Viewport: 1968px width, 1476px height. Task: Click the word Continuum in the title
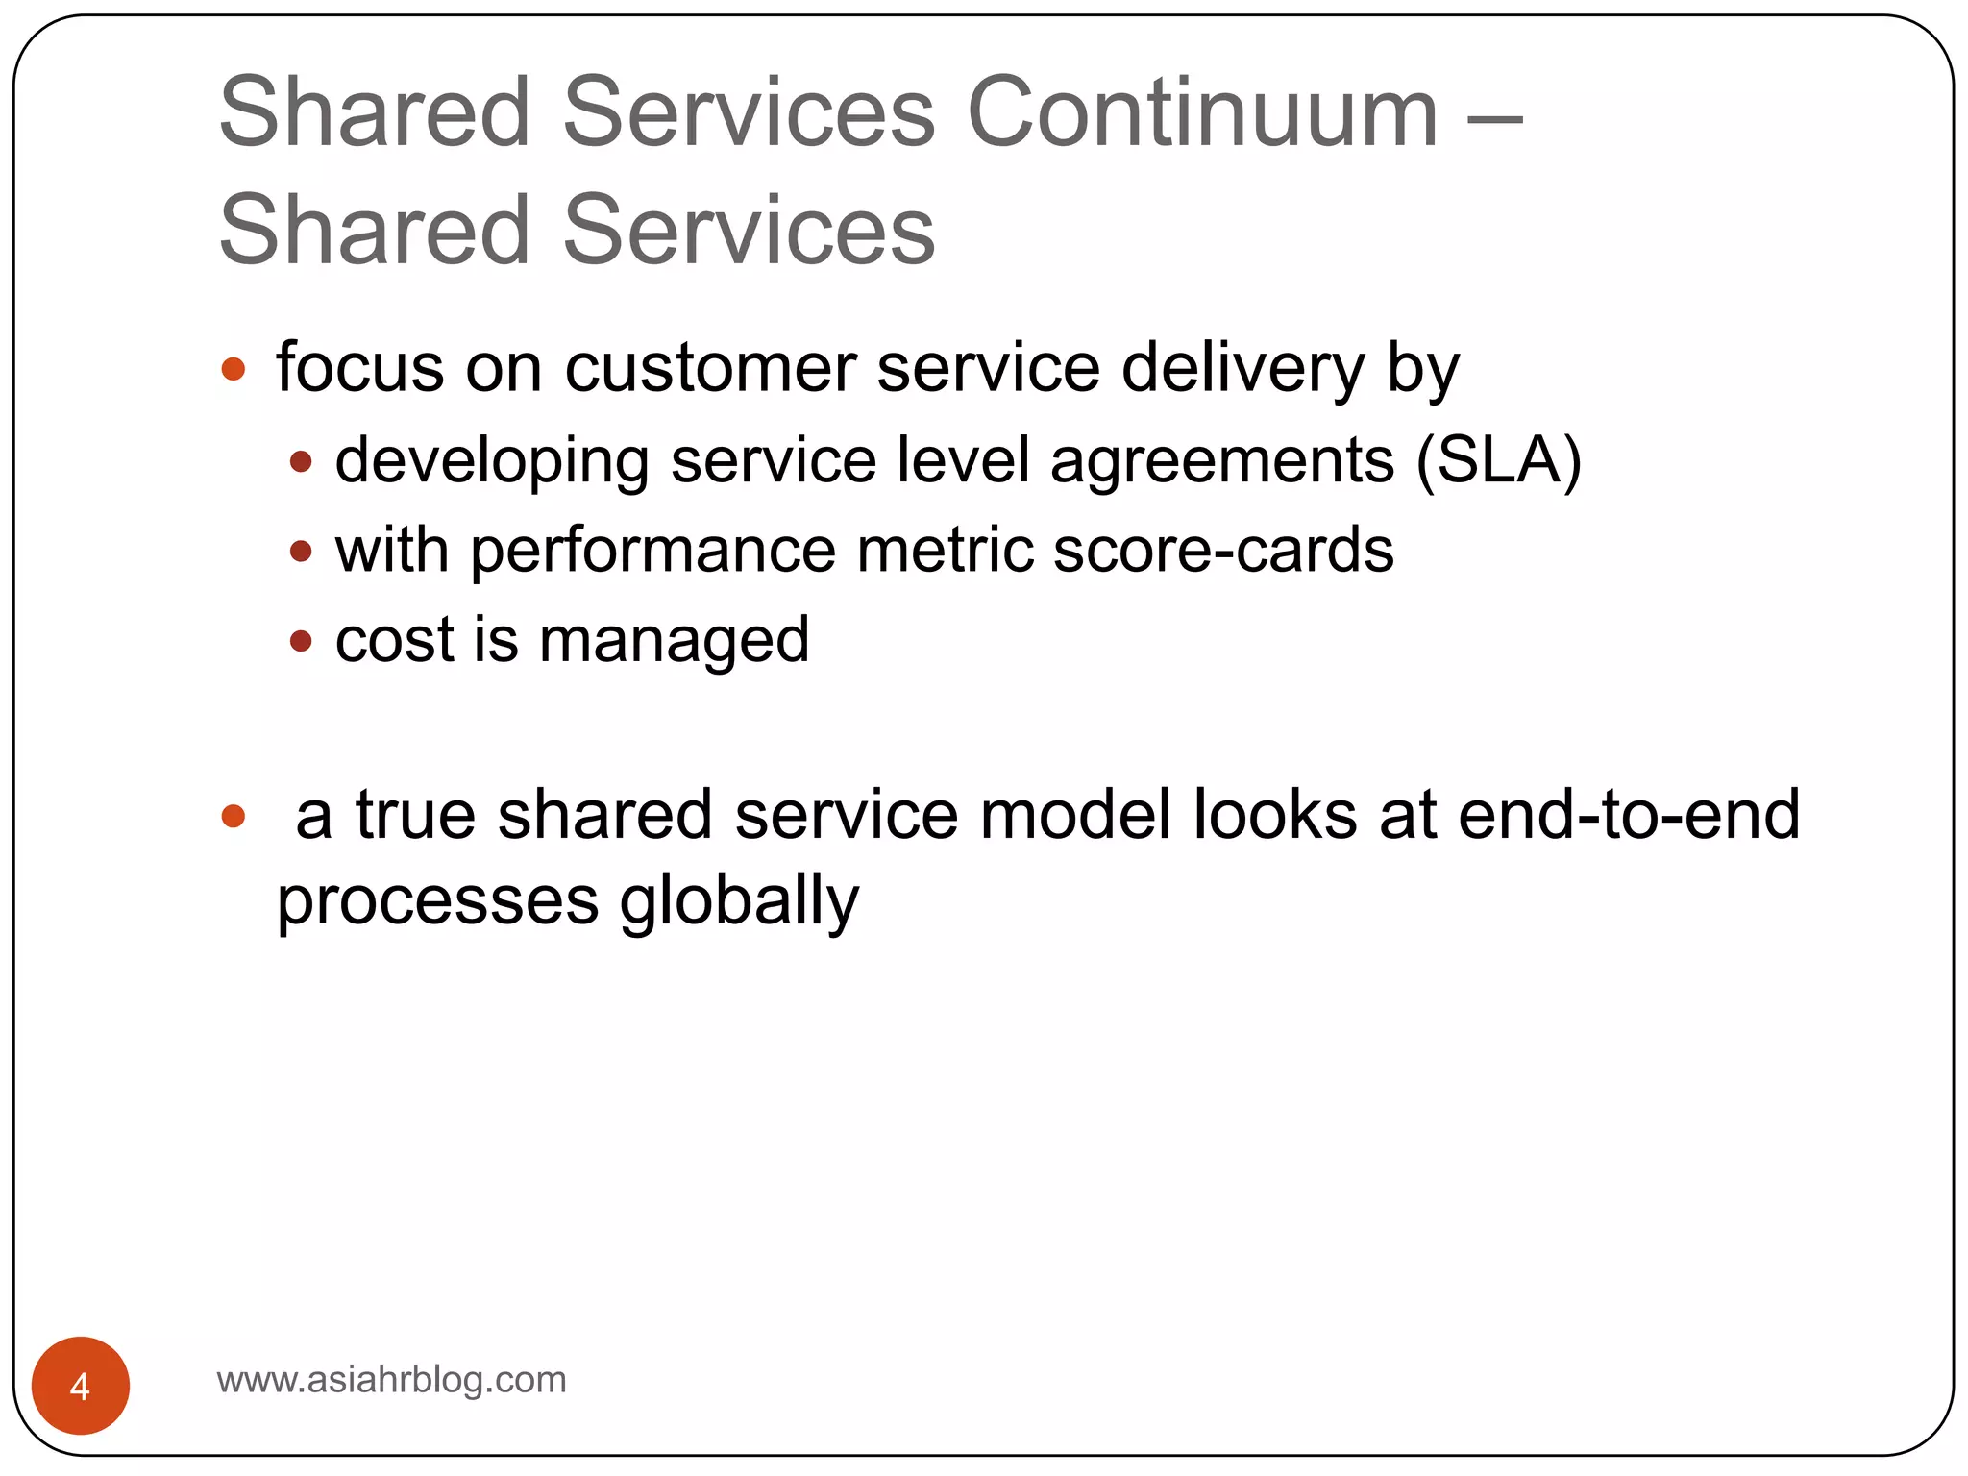(x=1202, y=113)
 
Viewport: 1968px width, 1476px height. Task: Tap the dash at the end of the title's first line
(x=1495, y=122)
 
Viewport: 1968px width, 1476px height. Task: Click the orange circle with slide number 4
(x=80, y=1385)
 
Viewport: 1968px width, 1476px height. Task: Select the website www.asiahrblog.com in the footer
(x=391, y=1380)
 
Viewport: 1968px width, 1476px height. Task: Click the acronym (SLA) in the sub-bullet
(x=1498, y=461)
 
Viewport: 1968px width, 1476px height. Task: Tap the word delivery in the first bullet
(x=1242, y=369)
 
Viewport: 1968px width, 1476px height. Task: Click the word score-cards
(x=1223, y=551)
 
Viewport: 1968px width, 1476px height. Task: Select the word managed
(x=674, y=642)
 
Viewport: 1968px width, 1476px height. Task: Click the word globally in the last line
(x=739, y=902)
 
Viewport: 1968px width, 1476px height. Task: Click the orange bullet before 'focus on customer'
(x=234, y=369)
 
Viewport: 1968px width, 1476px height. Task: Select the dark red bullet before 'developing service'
(x=301, y=462)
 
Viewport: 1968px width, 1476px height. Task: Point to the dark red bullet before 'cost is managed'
(x=301, y=641)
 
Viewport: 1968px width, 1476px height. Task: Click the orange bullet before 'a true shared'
(x=234, y=816)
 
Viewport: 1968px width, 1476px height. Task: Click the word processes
(x=437, y=902)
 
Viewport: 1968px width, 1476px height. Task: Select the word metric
(x=944, y=551)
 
